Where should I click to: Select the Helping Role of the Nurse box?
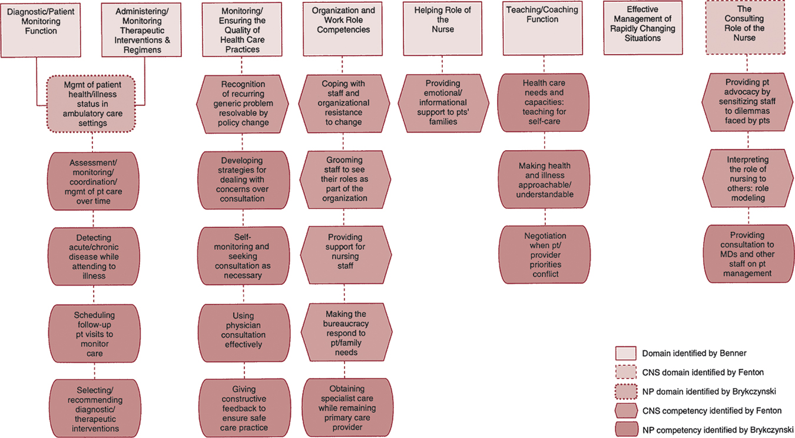443,28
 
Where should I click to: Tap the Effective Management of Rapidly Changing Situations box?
642,28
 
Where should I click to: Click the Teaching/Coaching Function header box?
542,28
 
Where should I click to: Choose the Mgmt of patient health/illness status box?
92,104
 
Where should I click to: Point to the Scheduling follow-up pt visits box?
94,334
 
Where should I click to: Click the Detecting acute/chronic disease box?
94,257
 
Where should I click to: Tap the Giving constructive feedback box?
243,409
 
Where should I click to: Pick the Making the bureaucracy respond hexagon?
346,333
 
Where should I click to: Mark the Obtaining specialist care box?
347,407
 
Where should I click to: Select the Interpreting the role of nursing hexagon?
748,179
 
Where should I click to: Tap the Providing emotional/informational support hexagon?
443,102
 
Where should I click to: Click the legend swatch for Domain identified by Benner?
625,353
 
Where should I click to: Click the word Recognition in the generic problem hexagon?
243,84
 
